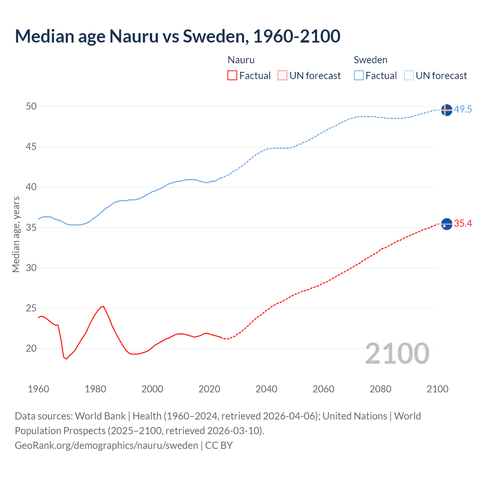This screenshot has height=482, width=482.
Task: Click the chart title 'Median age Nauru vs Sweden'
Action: (177, 36)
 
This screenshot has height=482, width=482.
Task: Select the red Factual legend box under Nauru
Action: (232, 76)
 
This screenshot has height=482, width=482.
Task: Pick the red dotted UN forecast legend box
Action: (282, 76)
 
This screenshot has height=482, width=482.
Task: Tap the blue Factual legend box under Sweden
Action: (358, 76)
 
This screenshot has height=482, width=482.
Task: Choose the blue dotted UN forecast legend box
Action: (409, 76)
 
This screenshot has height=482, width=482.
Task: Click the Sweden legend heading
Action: (371, 60)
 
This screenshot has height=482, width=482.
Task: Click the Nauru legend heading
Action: (241, 60)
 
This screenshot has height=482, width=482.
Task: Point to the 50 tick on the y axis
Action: (31, 106)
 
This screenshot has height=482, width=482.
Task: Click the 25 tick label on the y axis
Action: (31, 308)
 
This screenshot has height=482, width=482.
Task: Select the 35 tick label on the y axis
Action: (31, 227)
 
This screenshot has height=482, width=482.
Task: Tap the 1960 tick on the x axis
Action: (38, 389)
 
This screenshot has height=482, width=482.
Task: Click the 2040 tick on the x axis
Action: (266, 389)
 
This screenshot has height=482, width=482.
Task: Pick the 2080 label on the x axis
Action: (380, 389)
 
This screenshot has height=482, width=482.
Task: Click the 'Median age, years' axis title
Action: (16, 234)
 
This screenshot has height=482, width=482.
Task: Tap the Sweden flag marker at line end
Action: (446, 110)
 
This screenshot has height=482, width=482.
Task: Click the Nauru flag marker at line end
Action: (446, 224)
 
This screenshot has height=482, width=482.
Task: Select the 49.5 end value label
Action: (463, 110)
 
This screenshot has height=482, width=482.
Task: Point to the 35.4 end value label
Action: (463, 224)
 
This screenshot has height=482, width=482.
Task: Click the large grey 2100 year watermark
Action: (397, 354)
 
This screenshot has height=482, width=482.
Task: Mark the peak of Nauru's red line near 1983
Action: (103, 307)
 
